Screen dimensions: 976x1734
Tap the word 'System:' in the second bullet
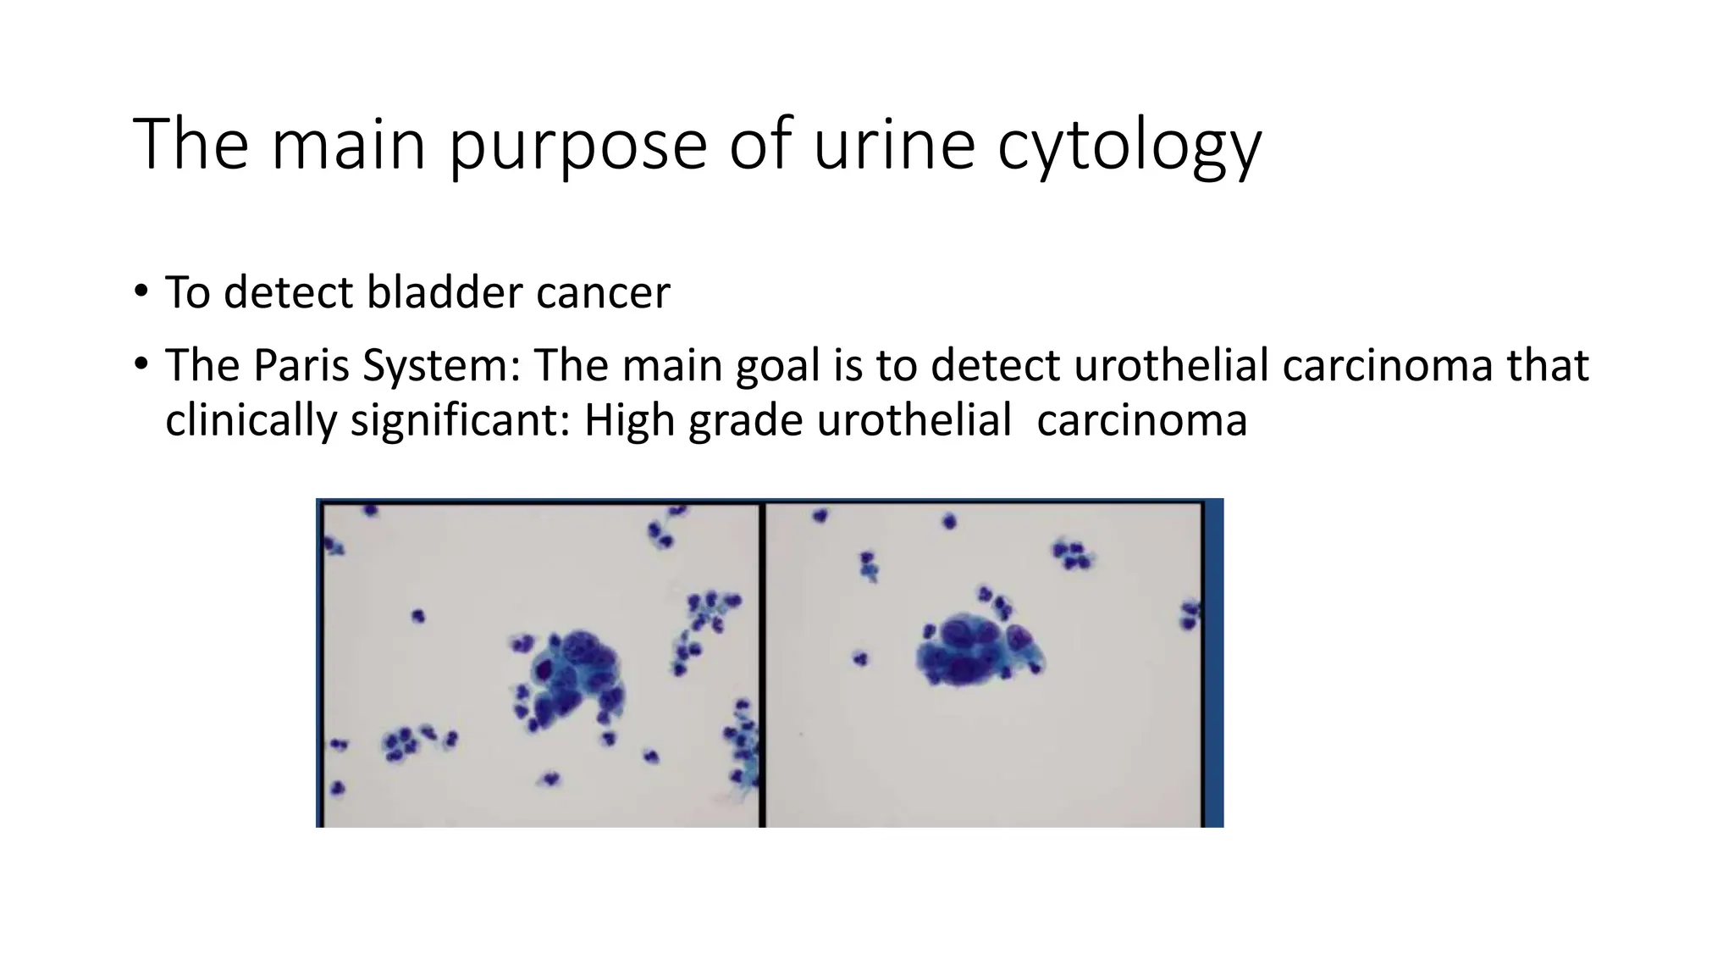[440, 366]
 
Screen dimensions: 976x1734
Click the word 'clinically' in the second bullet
[251, 420]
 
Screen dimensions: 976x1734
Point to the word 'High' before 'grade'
[630, 420]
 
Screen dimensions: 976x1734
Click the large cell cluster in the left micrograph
[569, 677]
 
